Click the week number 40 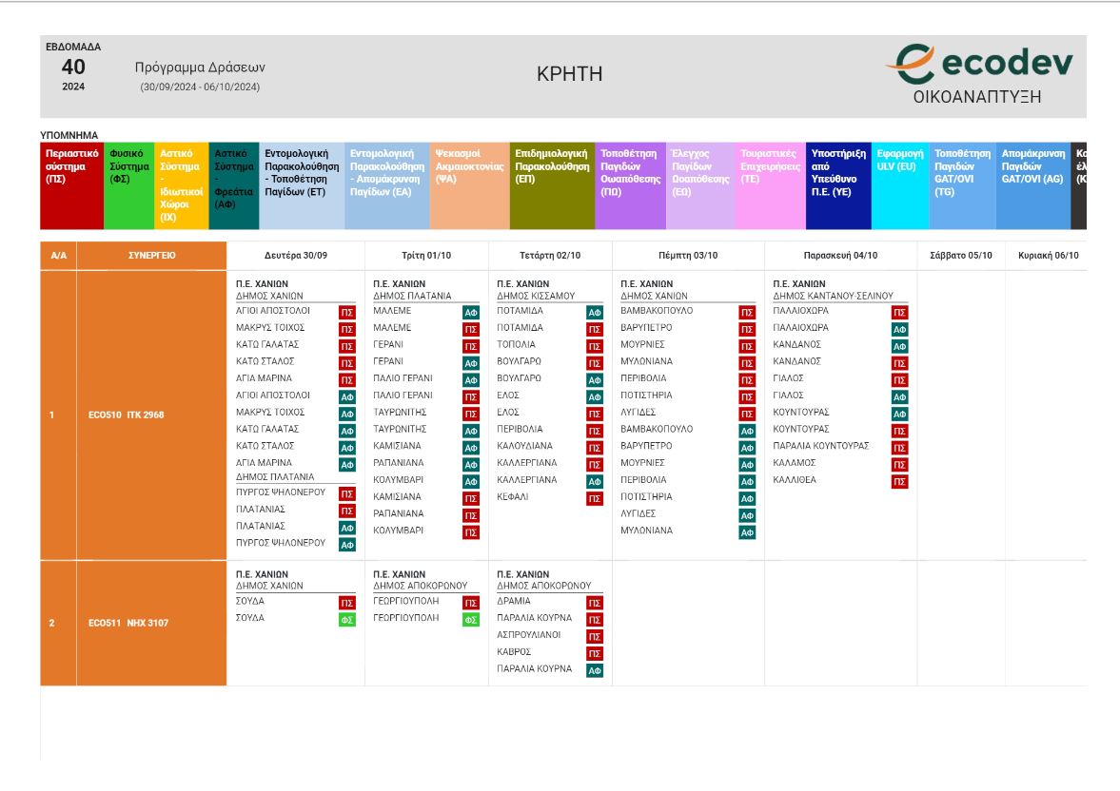[73, 67]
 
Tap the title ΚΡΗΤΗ [569, 74]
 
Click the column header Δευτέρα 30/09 [296, 256]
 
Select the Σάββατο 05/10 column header [960, 256]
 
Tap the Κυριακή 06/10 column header [1047, 256]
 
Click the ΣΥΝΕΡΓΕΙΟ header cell [152, 256]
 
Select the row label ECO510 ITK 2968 [126, 415]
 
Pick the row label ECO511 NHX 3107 [126, 624]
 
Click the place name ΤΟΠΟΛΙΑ [517, 345]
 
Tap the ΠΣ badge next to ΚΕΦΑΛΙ [595, 498]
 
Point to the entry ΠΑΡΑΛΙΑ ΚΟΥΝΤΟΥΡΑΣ [821, 446]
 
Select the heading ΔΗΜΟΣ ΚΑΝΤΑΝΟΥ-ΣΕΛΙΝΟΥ [833, 296]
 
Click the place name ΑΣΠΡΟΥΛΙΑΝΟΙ [529, 635]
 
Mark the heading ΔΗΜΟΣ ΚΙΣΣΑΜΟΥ [536, 296]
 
